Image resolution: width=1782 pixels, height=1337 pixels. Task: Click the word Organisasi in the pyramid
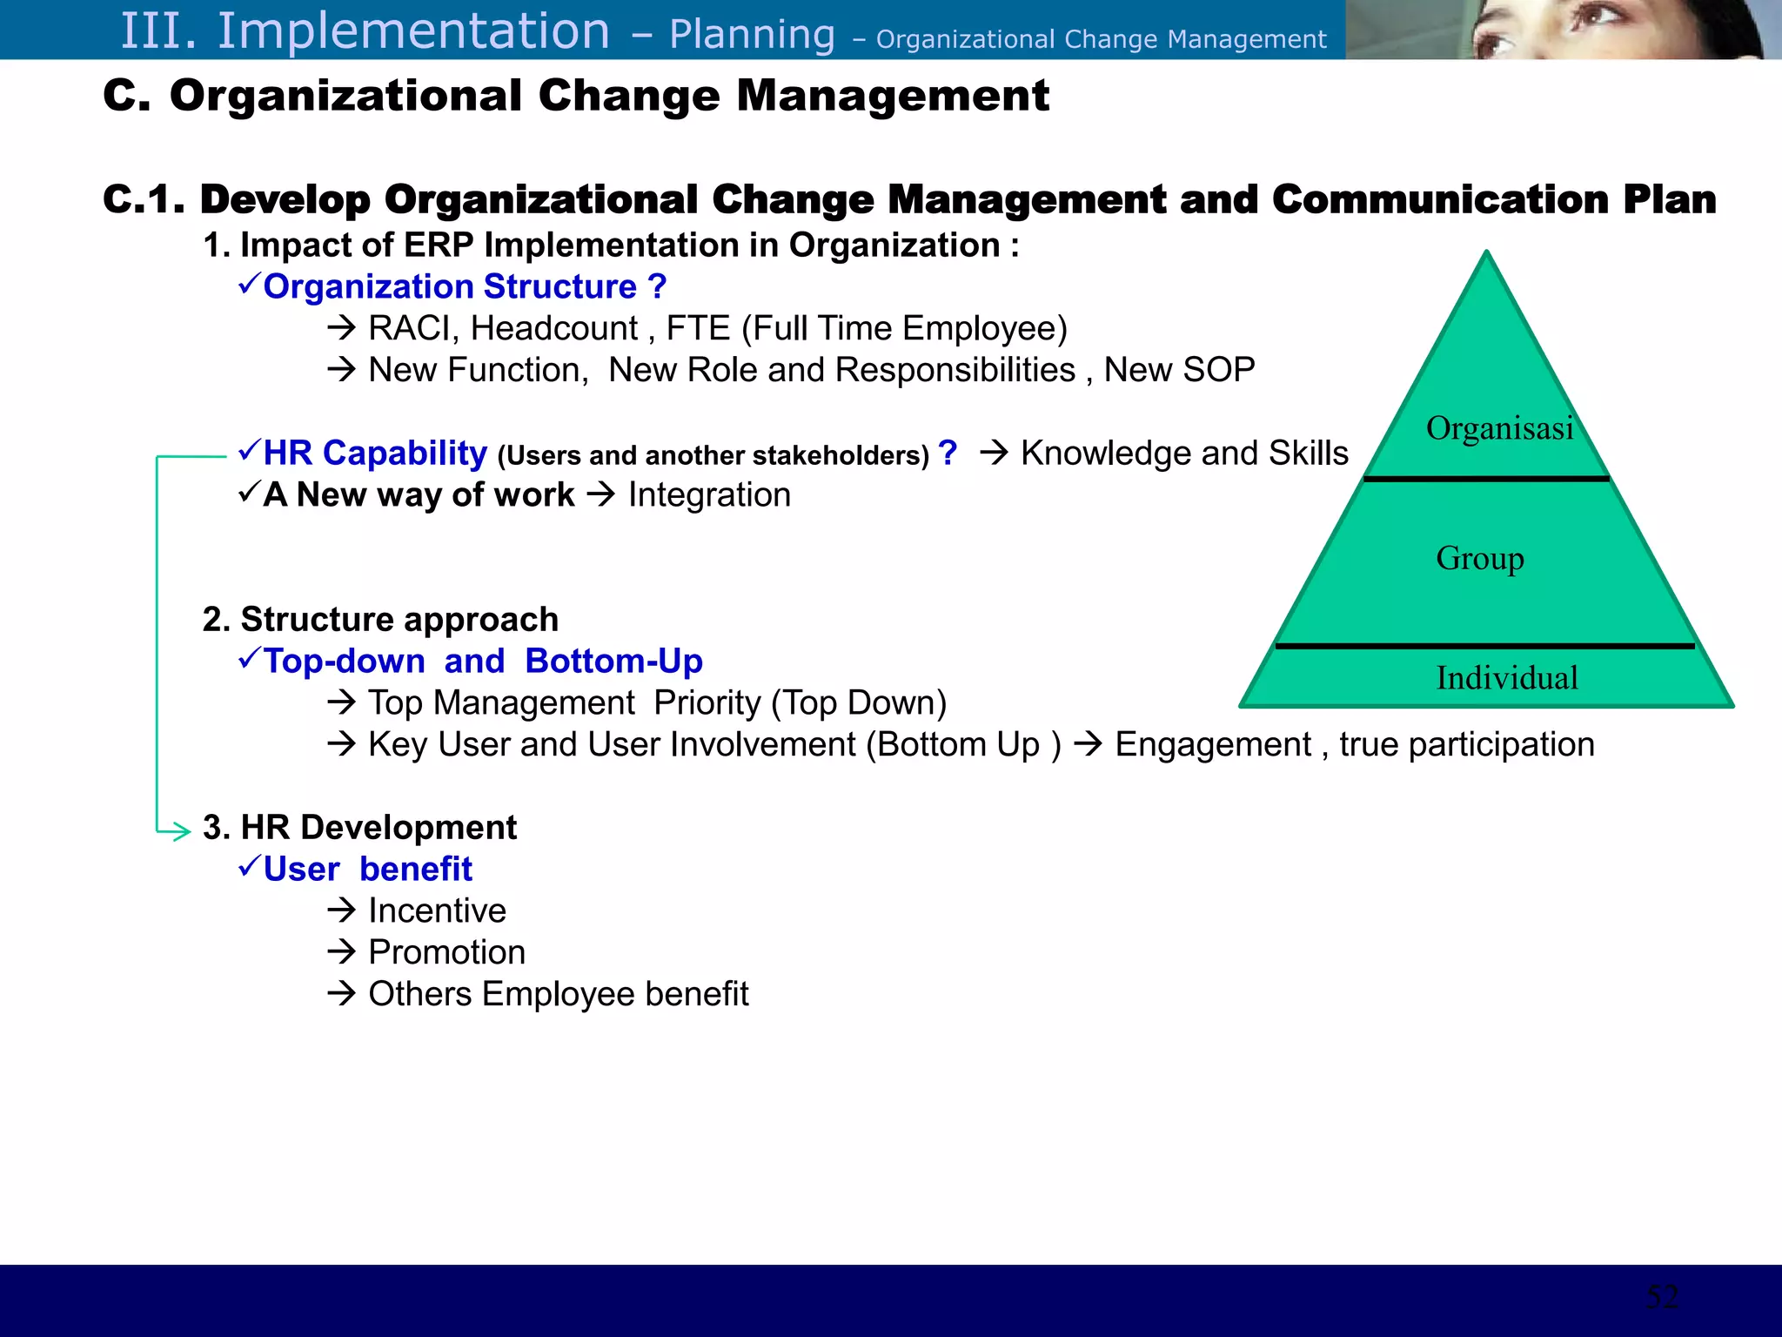point(1499,428)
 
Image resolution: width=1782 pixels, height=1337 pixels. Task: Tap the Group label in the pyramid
point(1479,558)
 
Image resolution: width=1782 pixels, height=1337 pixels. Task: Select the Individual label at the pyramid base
point(1506,677)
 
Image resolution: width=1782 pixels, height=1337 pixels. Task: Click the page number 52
point(1662,1297)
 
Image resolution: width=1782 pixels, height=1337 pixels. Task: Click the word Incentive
point(437,910)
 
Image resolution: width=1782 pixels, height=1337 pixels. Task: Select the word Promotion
point(446,952)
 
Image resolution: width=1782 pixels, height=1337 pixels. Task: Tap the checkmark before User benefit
point(249,866)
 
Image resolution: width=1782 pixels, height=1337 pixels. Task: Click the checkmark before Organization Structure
point(249,284)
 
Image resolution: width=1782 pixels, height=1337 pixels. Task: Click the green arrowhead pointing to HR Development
point(181,831)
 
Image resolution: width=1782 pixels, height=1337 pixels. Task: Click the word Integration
point(709,495)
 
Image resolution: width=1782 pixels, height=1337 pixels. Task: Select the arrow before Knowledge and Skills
point(994,453)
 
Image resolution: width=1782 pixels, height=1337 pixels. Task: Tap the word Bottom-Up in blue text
point(613,662)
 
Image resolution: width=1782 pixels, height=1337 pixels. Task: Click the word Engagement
point(1212,745)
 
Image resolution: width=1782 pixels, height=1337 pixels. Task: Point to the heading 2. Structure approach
point(380,620)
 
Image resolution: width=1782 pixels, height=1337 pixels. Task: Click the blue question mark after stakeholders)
point(948,453)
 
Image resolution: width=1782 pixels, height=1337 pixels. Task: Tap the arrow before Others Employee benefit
point(342,993)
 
